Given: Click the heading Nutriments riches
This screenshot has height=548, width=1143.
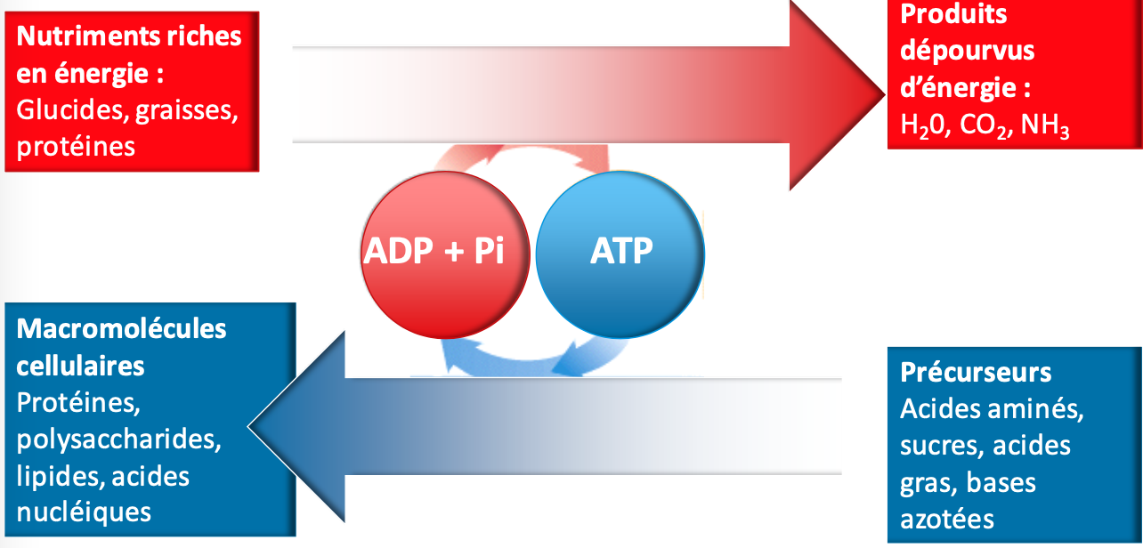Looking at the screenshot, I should (x=129, y=36).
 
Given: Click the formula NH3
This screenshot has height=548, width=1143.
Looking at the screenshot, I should (x=1045, y=125).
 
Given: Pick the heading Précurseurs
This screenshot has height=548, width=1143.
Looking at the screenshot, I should (x=976, y=371).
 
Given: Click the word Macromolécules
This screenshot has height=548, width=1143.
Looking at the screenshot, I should (x=122, y=329).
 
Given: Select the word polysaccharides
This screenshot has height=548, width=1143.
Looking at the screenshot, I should (x=118, y=439).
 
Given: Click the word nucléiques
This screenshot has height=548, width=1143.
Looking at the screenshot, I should (x=84, y=512).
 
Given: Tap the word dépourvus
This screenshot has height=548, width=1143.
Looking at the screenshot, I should (x=967, y=51).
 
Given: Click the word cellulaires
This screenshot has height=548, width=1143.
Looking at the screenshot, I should (x=80, y=366).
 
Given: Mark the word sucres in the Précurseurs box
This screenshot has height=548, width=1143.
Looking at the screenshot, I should (x=940, y=445).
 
